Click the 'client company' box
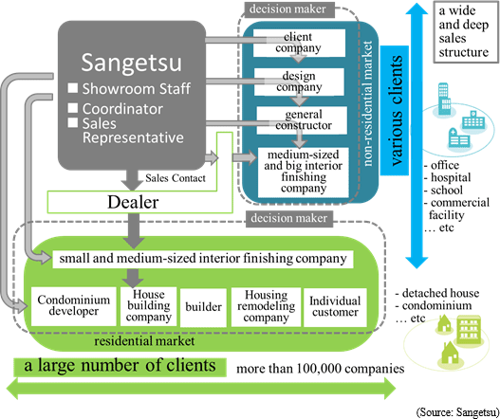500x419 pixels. point(299,43)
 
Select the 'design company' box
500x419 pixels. point(299,82)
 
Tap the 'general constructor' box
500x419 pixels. point(302,120)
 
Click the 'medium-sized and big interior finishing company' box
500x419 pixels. point(304,173)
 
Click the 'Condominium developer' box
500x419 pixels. point(74,306)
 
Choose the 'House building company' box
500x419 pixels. point(148,306)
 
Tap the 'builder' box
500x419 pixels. point(203,307)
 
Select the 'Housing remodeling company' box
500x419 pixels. point(266,307)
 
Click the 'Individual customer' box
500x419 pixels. point(335,307)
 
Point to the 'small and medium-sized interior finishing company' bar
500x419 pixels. point(203,259)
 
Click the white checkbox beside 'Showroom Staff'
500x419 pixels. point(73,88)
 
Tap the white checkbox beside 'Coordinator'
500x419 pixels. point(73,108)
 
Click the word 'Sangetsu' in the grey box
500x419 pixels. point(131,63)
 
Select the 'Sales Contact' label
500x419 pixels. point(176,178)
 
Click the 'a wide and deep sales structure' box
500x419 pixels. point(465,32)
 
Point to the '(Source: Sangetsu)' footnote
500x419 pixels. point(458,412)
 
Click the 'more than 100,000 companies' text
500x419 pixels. point(321,369)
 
